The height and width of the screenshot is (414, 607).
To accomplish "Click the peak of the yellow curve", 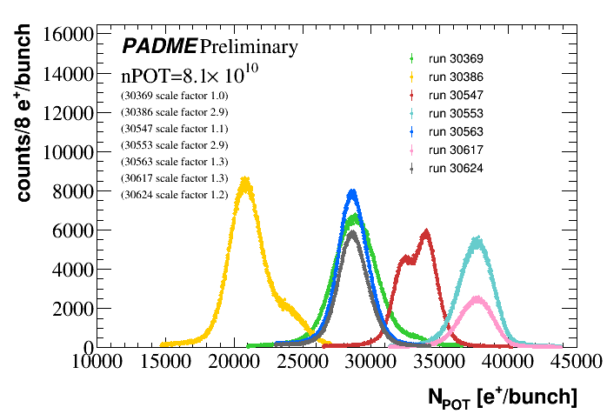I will [x=246, y=182].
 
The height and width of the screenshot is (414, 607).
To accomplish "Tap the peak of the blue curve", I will [x=352, y=192].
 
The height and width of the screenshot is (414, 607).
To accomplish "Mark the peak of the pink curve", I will [x=477, y=298].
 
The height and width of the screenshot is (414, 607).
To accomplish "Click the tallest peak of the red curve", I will [x=425, y=232].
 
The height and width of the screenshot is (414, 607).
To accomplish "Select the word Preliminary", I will [x=249, y=46].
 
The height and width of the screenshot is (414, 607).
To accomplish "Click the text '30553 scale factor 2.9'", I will [x=175, y=144].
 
